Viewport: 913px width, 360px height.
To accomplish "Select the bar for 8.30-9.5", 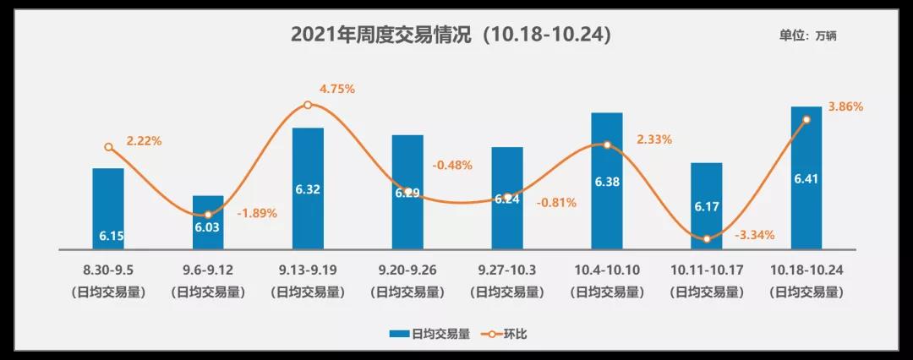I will pos(108,209).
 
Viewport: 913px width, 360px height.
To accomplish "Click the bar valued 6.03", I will pos(208,223).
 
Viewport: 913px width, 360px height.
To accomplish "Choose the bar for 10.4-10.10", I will pos(607,181).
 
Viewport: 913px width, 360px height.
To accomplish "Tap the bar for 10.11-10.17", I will pos(707,206).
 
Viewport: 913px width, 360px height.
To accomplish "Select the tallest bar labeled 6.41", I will pos(806,178).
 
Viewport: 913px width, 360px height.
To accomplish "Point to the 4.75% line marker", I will pos(308,105).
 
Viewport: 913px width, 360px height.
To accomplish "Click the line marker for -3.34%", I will pos(707,239).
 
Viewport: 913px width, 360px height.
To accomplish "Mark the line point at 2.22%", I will pos(108,147).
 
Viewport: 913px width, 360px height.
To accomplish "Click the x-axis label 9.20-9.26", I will pos(407,271).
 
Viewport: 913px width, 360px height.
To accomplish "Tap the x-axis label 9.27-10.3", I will pos(507,271).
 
